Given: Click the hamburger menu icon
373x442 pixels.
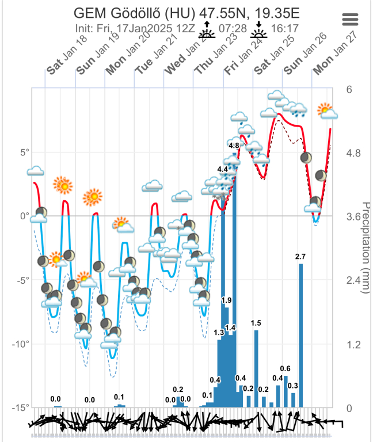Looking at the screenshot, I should [x=351, y=19].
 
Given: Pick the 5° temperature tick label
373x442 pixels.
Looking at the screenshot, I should [x=25, y=153].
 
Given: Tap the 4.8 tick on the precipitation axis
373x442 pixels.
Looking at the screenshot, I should [x=353, y=153].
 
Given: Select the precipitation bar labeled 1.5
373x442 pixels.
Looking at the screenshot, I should [x=256, y=368].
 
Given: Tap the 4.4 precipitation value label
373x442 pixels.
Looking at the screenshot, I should [x=223, y=169].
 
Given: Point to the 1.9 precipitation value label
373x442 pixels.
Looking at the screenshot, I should [x=226, y=300].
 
